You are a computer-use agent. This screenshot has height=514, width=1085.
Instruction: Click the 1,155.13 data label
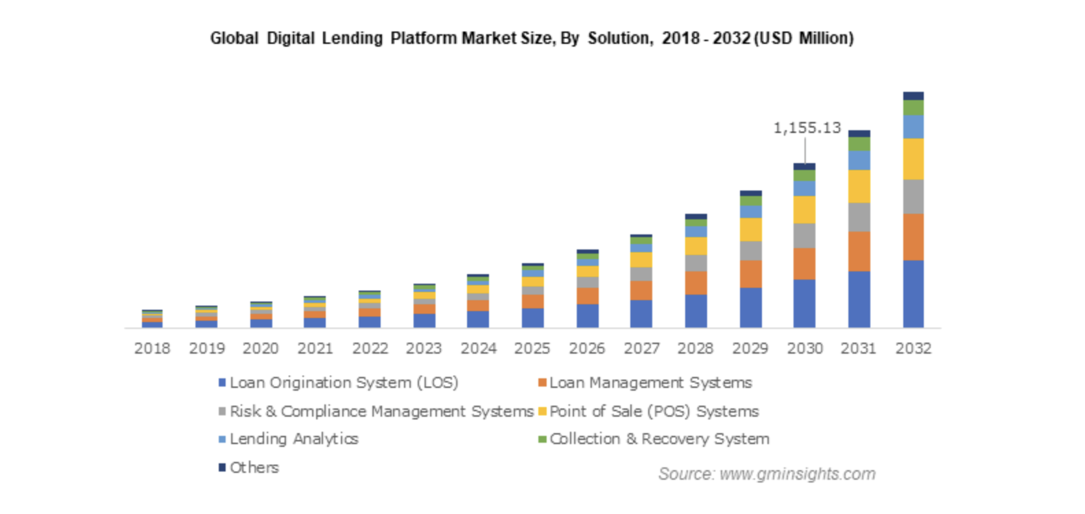(x=807, y=128)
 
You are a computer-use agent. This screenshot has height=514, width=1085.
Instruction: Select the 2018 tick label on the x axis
(x=152, y=348)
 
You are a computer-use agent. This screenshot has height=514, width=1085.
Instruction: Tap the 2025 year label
(x=532, y=348)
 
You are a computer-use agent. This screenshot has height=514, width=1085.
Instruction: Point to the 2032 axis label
(x=913, y=348)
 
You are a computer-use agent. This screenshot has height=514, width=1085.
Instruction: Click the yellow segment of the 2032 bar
(x=913, y=159)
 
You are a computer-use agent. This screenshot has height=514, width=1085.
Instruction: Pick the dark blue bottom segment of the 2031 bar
(x=859, y=299)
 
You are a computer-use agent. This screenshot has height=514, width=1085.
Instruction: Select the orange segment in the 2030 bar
(x=804, y=263)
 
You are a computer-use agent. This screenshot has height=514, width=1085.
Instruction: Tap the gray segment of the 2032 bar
(x=913, y=197)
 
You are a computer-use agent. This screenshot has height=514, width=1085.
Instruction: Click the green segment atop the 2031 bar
(x=859, y=144)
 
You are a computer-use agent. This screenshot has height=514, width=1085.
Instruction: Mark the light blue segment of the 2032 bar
(x=913, y=127)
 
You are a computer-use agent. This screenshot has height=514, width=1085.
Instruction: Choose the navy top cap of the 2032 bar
(x=913, y=96)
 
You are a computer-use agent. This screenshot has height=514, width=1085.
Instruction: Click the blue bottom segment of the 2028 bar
(x=695, y=310)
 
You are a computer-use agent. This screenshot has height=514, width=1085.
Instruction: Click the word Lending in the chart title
(x=352, y=38)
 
